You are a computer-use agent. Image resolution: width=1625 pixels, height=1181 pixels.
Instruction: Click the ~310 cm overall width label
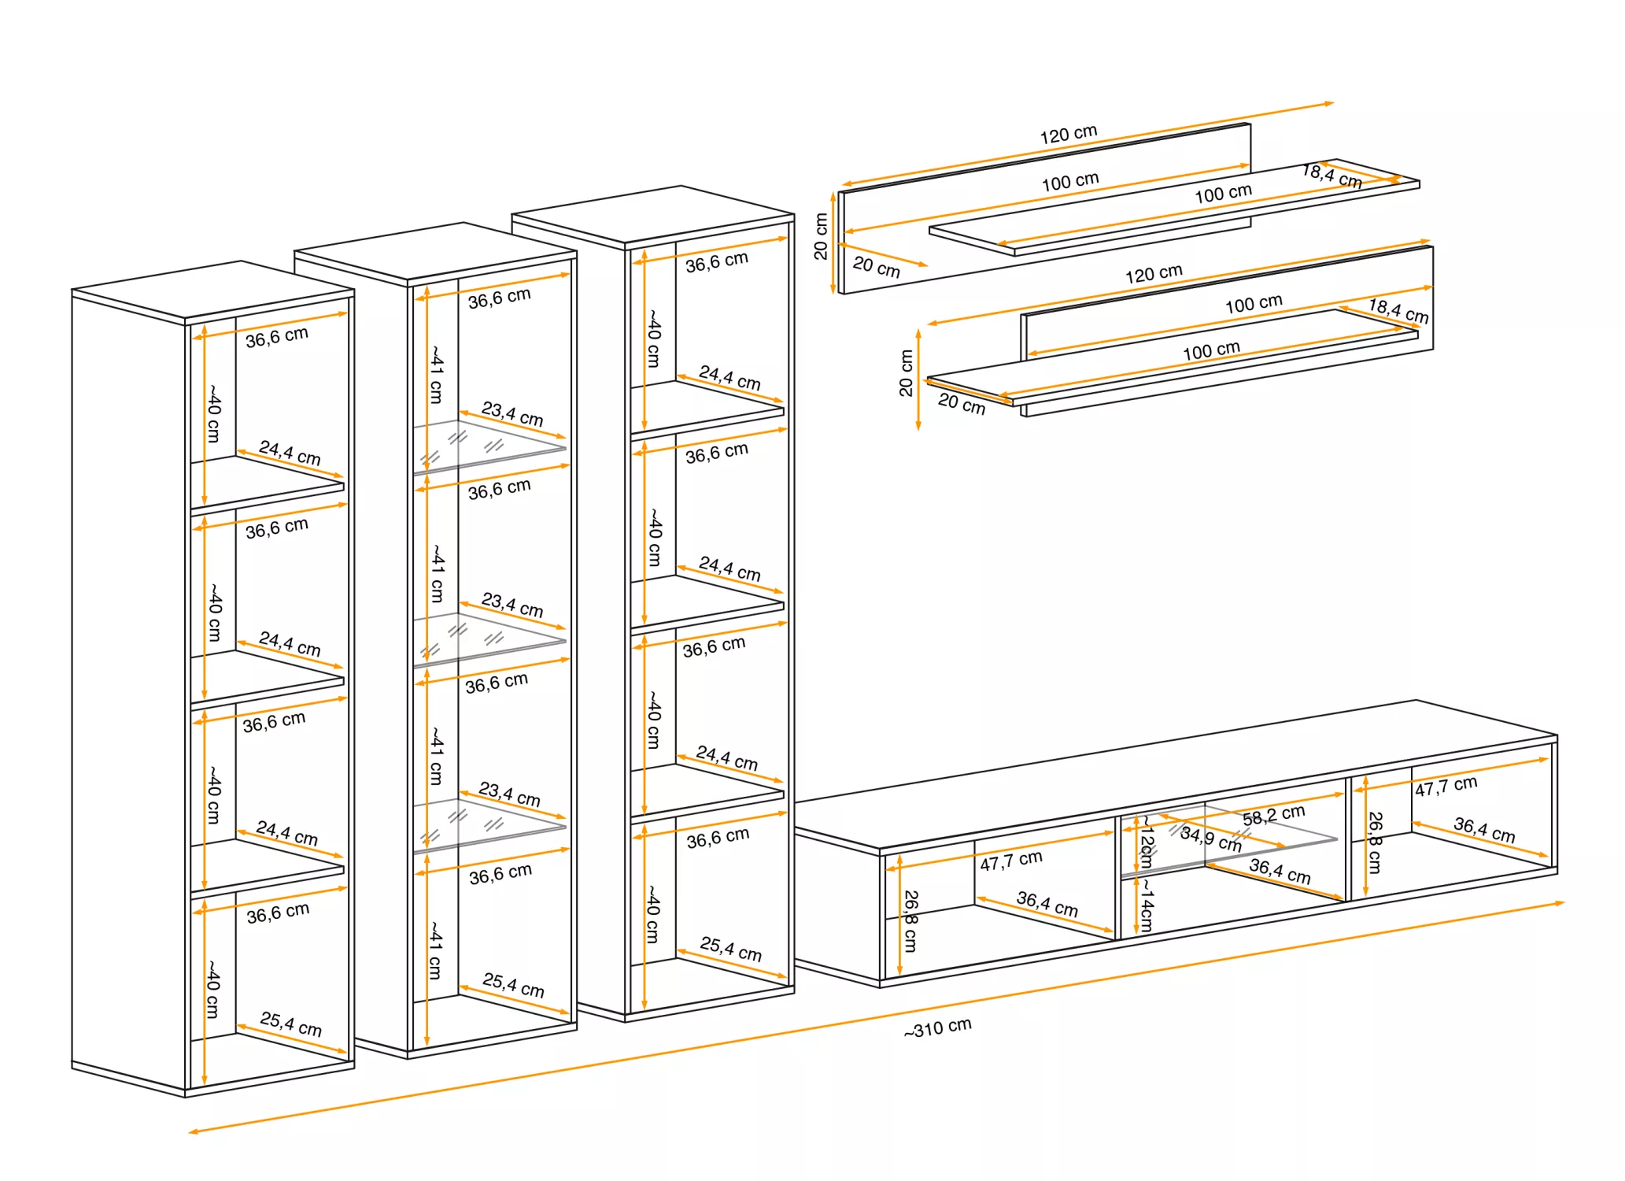click(x=937, y=1027)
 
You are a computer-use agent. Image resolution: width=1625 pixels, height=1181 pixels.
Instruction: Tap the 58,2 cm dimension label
click(x=1273, y=815)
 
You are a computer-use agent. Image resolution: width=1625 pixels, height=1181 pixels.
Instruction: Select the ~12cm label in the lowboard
click(x=1147, y=842)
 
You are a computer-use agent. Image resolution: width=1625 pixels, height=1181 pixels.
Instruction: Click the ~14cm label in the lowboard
click(x=1147, y=905)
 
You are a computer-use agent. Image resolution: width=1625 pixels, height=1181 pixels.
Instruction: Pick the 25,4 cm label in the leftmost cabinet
click(x=290, y=1024)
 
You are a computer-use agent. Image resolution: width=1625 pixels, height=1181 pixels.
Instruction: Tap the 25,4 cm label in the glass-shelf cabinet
click(x=513, y=984)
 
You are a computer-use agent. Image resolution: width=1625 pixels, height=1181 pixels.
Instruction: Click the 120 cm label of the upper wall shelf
click(x=1068, y=134)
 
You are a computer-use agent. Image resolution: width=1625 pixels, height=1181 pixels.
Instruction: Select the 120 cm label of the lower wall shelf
click(x=1153, y=274)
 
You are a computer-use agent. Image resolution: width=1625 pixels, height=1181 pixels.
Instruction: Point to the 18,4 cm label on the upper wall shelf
click(x=1331, y=175)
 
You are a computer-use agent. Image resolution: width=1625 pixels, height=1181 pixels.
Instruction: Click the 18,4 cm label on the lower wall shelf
click(x=1398, y=310)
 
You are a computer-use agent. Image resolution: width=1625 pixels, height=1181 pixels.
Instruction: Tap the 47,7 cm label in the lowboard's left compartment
click(x=1010, y=860)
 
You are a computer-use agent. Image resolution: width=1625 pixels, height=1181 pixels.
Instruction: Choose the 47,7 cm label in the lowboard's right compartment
click(x=1446, y=786)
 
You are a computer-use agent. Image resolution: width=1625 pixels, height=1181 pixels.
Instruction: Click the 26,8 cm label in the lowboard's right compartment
click(x=1375, y=842)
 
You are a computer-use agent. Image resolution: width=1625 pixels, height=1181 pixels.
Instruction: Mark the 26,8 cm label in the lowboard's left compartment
click(x=910, y=921)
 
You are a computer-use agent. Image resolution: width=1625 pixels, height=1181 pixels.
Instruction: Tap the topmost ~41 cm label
click(x=436, y=375)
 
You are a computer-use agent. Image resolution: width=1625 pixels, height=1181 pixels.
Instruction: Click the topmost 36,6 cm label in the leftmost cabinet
click(x=276, y=337)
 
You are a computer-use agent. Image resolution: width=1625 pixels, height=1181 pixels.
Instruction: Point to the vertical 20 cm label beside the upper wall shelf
click(x=821, y=236)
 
